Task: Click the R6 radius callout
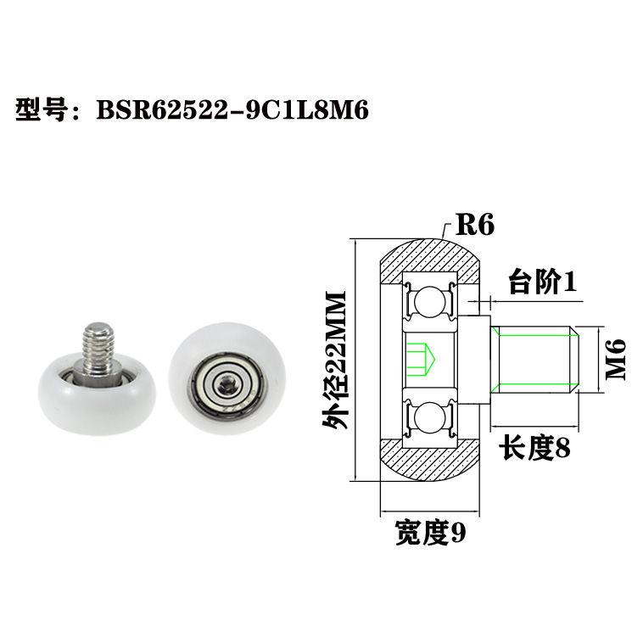(475, 225)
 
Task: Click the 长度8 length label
(534, 447)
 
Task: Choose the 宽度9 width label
(430, 533)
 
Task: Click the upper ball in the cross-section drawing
(432, 301)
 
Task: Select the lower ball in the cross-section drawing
(432, 417)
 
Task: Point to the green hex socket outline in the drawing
(422, 359)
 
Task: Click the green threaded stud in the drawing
(534, 359)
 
